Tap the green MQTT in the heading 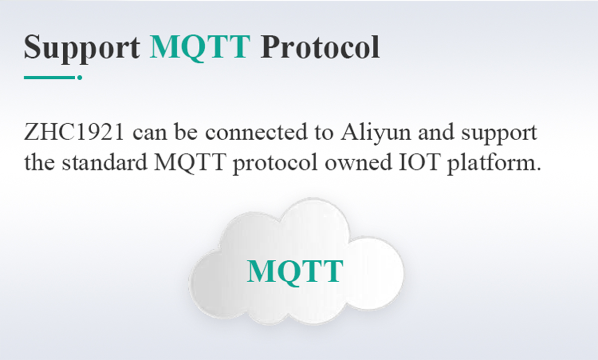click(200, 48)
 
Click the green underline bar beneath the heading click(49, 77)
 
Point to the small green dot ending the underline click(80, 77)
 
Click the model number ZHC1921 click(74, 132)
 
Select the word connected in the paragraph click(256, 132)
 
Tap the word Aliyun click(376, 133)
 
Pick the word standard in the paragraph click(105, 162)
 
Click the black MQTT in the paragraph click(190, 163)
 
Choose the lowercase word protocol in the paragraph click(275, 164)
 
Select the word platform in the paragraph click(493, 164)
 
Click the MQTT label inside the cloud click(295, 272)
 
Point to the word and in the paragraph click(437, 132)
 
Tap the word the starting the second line click(39, 162)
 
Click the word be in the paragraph click(186, 132)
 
